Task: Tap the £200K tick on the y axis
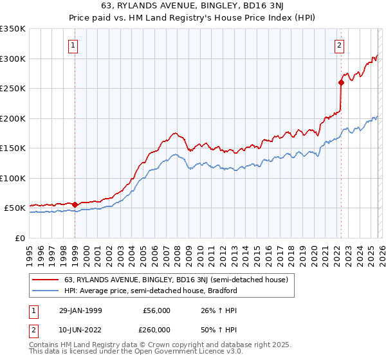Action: [13, 118]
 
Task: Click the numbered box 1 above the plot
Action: [75, 45]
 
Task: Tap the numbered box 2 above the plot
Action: [339, 45]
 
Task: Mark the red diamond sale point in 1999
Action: [75, 204]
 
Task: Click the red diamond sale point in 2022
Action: [341, 82]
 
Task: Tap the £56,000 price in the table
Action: [157, 310]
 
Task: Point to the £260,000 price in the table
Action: [157, 329]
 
